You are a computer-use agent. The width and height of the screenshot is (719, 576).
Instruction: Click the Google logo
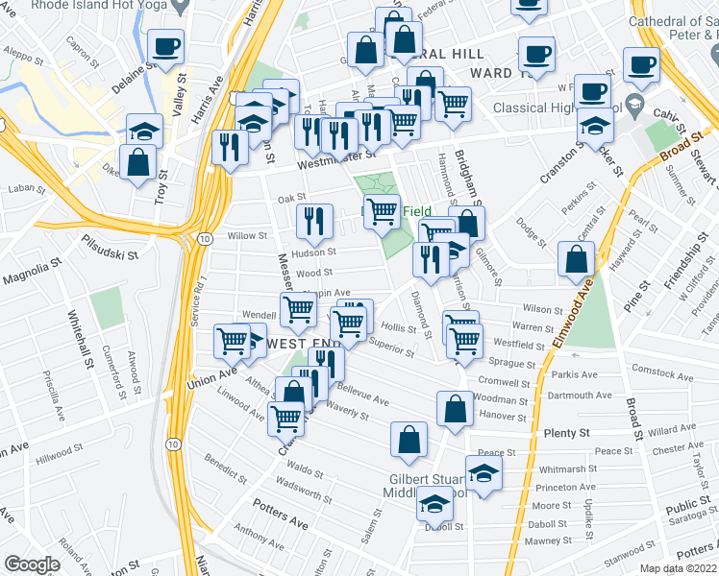31,564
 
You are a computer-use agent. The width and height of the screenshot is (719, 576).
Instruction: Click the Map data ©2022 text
675,568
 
